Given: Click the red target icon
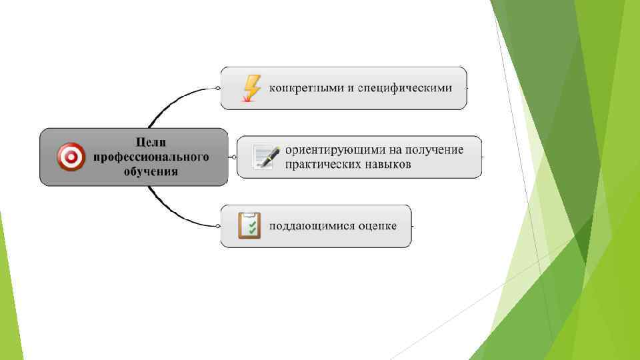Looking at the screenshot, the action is [71, 157].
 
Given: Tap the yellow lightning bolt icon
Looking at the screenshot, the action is [251, 88].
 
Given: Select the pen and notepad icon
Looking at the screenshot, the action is [266, 157].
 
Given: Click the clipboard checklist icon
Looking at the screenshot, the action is [249, 226].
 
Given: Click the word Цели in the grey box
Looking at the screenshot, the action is [151, 142].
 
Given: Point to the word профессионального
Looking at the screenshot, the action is [151, 157].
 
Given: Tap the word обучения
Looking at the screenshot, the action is [151, 171].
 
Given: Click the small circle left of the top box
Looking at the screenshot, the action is [217, 88].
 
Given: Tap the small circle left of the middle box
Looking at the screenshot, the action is [233, 157].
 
